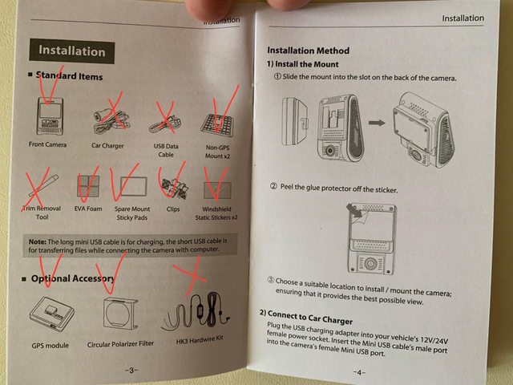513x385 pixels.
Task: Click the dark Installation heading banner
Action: coord(71,51)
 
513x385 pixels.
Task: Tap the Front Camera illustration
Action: coord(50,116)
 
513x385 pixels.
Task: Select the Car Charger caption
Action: coord(107,146)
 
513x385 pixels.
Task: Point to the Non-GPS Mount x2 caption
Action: coord(217,152)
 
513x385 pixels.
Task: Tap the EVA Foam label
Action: coord(88,209)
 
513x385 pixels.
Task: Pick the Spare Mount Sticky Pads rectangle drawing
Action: coord(133,186)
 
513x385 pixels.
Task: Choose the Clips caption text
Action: coord(173,209)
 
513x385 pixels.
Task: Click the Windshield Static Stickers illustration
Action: coord(217,191)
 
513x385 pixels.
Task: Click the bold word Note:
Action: coord(38,242)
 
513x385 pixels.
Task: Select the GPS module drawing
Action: coord(51,314)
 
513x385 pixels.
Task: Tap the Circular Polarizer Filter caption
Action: coord(120,344)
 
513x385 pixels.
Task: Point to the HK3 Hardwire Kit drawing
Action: coord(196,311)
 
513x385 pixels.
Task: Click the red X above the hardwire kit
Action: coord(192,276)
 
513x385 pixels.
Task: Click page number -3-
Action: coord(131,371)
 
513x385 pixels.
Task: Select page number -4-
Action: coord(359,372)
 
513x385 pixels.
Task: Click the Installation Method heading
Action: coord(308,51)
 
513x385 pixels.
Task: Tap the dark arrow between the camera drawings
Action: coord(377,123)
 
